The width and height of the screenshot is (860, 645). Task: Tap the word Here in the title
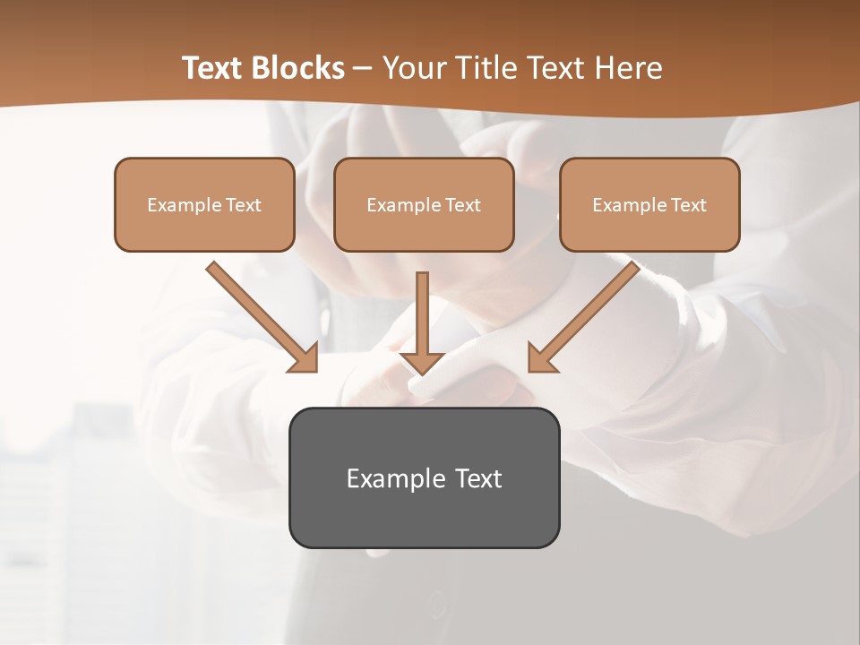coord(628,68)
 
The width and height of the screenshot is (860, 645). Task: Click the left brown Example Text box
coord(204,204)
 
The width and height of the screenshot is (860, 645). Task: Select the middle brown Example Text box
coord(424,204)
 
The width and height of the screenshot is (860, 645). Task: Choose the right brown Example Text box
coord(649,204)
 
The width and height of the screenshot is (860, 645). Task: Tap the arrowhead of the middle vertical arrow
coord(422,362)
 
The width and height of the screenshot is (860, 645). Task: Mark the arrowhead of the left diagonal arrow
coord(305,358)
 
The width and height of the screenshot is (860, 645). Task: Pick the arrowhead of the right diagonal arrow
coord(540,358)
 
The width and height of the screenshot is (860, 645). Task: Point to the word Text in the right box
coord(688,205)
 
